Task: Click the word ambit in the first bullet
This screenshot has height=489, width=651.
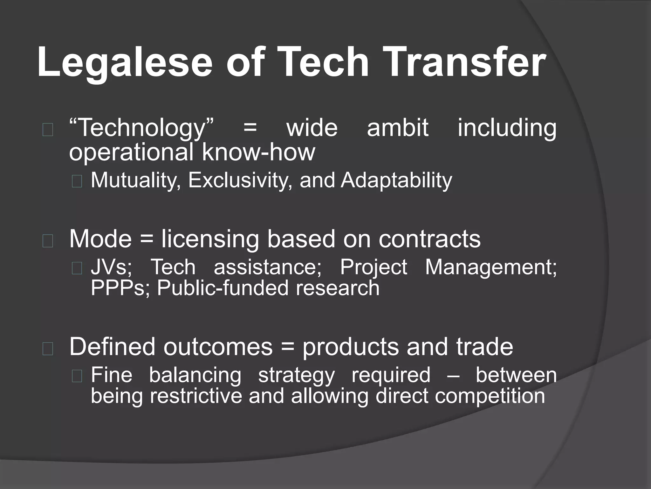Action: pyautogui.click(x=398, y=127)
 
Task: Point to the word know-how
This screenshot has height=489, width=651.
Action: pyautogui.click(x=258, y=152)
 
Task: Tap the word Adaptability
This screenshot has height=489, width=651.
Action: pyautogui.click(x=396, y=181)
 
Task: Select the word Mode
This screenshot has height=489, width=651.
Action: pyautogui.click(x=100, y=239)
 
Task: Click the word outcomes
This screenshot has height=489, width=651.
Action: pyautogui.click(x=218, y=347)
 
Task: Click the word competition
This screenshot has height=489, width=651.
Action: pyautogui.click(x=490, y=396)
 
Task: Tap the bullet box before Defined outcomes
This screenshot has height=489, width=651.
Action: pyautogui.click(x=48, y=349)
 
